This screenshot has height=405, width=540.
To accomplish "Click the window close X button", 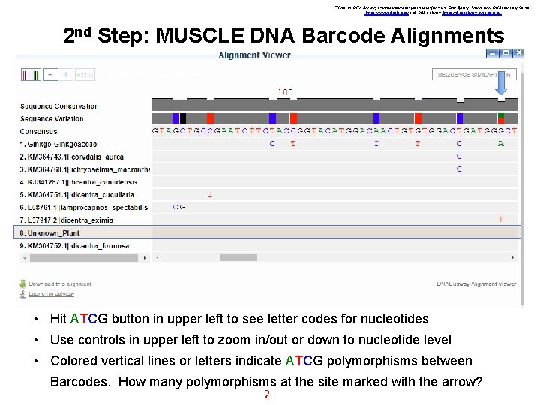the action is point(520,53).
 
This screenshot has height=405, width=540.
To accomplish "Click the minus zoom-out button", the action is point(50,75).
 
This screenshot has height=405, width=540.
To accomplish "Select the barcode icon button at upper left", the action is point(31,75).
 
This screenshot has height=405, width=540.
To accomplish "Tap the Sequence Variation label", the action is point(52,118).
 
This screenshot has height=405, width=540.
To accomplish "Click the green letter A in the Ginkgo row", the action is point(501,143).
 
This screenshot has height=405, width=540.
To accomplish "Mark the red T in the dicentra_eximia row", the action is point(501,220).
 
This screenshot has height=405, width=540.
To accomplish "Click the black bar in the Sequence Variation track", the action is point(183,118).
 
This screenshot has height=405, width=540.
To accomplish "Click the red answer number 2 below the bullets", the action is point(266,394).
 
